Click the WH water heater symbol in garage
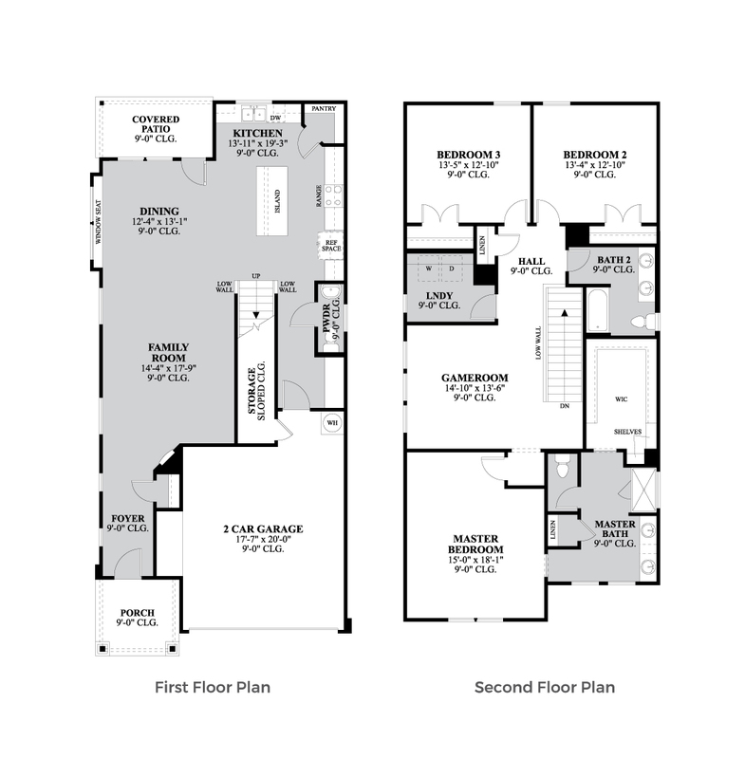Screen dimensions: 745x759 pyautogui.click(x=332, y=422)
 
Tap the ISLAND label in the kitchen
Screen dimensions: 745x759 pyautogui.click(x=277, y=201)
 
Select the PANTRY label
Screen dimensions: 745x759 pyautogui.click(x=324, y=108)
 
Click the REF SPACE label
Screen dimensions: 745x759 pyautogui.click(x=331, y=246)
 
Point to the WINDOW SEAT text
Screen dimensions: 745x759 pyautogui.click(x=99, y=222)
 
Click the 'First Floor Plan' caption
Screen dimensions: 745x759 pyautogui.click(x=213, y=687)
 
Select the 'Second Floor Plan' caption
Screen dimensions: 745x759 pyautogui.click(x=545, y=687)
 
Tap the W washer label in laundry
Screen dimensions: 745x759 pyautogui.click(x=428, y=268)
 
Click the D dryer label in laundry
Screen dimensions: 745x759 pyautogui.click(x=452, y=268)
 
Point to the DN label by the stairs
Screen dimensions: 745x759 pyautogui.click(x=565, y=406)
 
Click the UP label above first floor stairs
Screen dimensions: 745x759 pyautogui.click(x=256, y=276)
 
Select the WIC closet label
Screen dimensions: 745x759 pyautogui.click(x=621, y=398)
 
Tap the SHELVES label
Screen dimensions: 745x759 pyautogui.click(x=628, y=432)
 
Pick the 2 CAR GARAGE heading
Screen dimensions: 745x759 pyautogui.click(x=263, y=528)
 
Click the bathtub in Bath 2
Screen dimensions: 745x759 pyautogui.click(x=598, y=310)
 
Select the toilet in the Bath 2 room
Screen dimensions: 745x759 pyautogui.click(x=643, y=321)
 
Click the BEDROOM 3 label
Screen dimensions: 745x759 pyautogui.click(x=468, y=155)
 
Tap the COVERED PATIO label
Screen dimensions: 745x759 pyautogui.click(x=156, y=124)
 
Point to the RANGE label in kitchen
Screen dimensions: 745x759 pyautogui.click(x=319, y=196)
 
